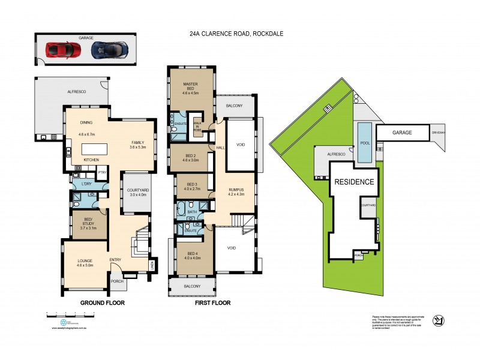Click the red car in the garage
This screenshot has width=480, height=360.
pos(63,49)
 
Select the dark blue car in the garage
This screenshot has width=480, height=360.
pos(109,50)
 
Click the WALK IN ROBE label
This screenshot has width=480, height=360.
pos(197,125)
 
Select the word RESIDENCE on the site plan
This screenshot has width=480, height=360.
pos(354,182)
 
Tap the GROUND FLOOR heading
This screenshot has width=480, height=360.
pos(103,303)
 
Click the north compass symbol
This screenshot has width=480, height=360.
pos(438,320)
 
